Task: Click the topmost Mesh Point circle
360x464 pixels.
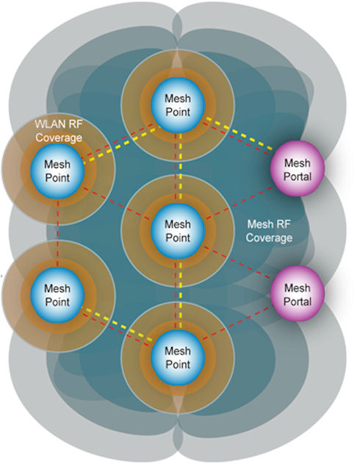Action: click(x=178, y=105)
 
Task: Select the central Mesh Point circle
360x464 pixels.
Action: click(x=178, y=231)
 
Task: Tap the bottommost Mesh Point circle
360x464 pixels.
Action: click(x=178, y=357)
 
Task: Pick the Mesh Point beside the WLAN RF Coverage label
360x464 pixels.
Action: click(x=57, y=171)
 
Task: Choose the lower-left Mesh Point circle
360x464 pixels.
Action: click(x=57, y=295)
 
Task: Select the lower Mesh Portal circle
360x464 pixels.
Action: click(x=298, y=294)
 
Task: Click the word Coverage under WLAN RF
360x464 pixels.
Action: click(x=59, y=138)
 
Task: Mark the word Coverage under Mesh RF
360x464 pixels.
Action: click(x=269, y=238)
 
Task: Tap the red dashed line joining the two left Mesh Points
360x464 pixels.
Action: click(x=57, y=233)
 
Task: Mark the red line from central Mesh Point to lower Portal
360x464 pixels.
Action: click(x=237, y=263)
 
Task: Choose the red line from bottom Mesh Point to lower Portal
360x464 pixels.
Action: click(x=236, y=324)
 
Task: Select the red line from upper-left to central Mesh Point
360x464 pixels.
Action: click(x=117, y=203)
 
